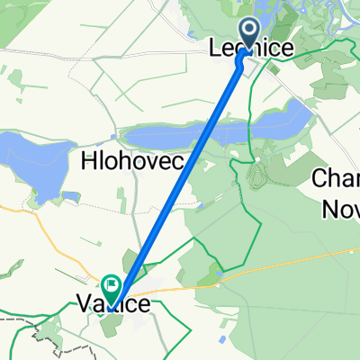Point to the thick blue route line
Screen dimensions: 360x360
180,172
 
